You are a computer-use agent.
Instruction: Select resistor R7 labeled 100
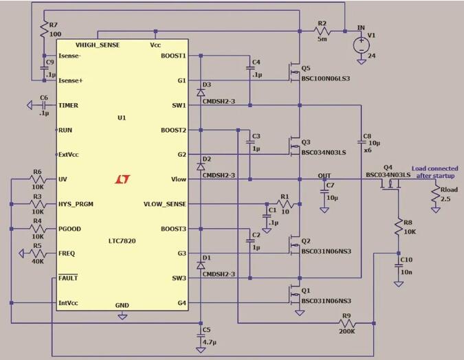pyautogui.click(x=43, y=30)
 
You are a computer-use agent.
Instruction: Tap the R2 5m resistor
pyautogui.click(x=321, y=32)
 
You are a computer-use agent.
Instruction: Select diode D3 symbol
pyautogui.click(x=200, y=91)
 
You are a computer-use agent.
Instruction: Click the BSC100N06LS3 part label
pyautogui.click(x=325, y=79)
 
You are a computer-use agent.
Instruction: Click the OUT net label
pyautogui.click(x=324, y=175)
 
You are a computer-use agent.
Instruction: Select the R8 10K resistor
pyautogui.click(x=397, y=227)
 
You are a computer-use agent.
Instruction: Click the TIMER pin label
pyautogui.click(x=69, y=106)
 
